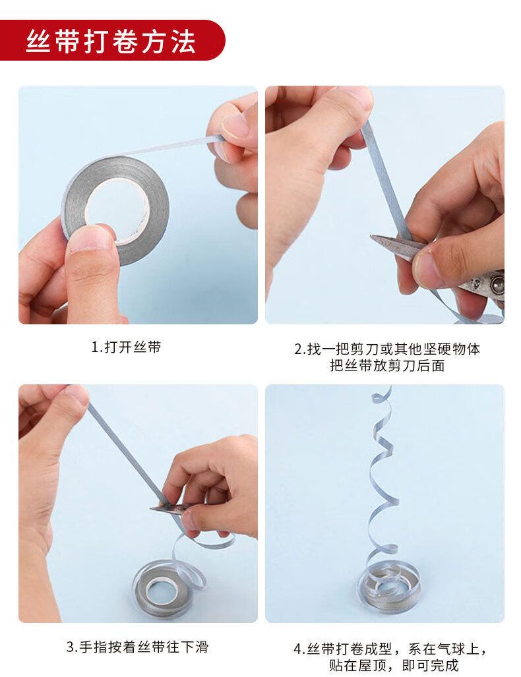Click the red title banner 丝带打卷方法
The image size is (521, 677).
[111, 40]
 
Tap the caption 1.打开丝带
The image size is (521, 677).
[126, 347]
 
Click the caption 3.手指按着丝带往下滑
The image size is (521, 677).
[137, 647]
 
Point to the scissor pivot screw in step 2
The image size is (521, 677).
[496, 284]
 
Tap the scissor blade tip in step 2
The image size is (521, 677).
[373, 236]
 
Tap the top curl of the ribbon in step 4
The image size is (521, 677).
[383, 395]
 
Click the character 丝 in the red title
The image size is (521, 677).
[38, 42]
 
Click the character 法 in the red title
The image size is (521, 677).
[183, 42]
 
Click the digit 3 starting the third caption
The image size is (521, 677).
[71, 647]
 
